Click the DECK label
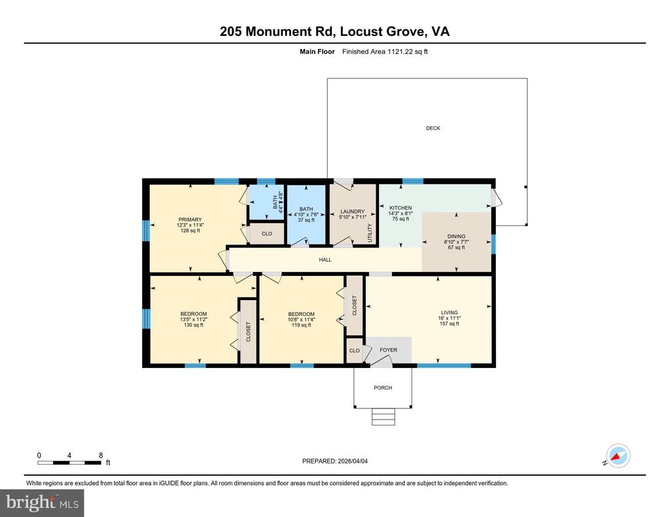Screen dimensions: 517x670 click(x=432, y=128)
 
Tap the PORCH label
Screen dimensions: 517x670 click(x=383, y=388)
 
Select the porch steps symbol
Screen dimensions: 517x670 click(x=383, y=416)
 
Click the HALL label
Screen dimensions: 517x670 click(x=325, y=259)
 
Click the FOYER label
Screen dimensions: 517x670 click(x=388, y=350)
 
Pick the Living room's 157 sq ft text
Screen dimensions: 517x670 click(x=449, y=324)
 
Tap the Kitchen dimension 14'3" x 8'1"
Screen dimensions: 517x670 click(x=400, y=213)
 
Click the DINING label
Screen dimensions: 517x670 click(x=456, y=237)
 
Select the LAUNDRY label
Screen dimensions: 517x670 click(x=352, y=212)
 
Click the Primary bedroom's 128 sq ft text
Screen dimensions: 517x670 click(x=190, y=231)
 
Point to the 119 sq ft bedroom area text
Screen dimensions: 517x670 click(x=301, y=325)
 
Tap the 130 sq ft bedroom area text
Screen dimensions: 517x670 click(x=193, y=325)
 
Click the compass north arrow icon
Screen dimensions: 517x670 click(x=617, y=455)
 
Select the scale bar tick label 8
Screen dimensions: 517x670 click(x=101, y=455)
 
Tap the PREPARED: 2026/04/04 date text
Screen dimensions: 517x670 click(x=339, y=461)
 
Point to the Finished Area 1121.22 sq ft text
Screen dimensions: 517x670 click(x=385, y=52)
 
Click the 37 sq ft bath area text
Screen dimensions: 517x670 click(x=306, y=220)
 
